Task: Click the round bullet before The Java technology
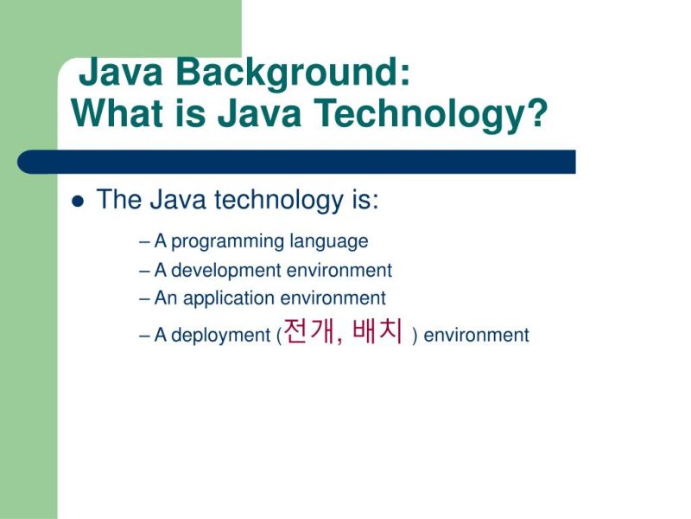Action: [x=78, y=202]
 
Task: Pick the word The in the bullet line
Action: [x=118, y=200]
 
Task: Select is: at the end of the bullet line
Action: [x=365, y=200]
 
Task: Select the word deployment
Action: [x=221, y=336]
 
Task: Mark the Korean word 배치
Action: [x=378, y=332]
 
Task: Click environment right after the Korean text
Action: [x=476, y=336]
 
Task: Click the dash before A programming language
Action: [x=144, y=242]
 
